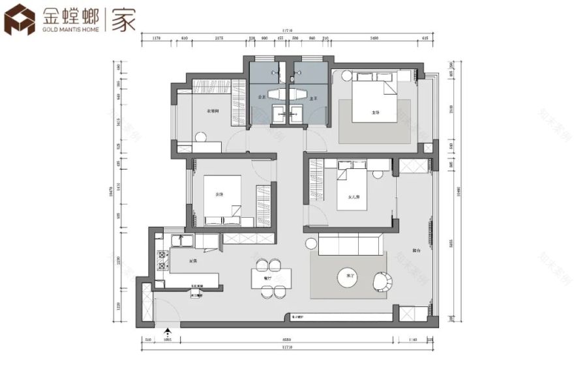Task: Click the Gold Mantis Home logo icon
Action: click(x=20, y=20)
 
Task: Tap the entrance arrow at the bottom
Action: click(x=168, y=332)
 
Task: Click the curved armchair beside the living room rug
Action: click(x=382, y=281)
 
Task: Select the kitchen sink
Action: click(x=181, y=242)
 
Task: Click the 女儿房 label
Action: click(x=354, y=196)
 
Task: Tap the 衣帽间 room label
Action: click(x=212, y=111)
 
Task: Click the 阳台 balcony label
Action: click(x=415, y=250)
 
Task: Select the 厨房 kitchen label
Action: click(x=193, y=261)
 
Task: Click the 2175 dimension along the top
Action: click(x=219, y=38)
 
